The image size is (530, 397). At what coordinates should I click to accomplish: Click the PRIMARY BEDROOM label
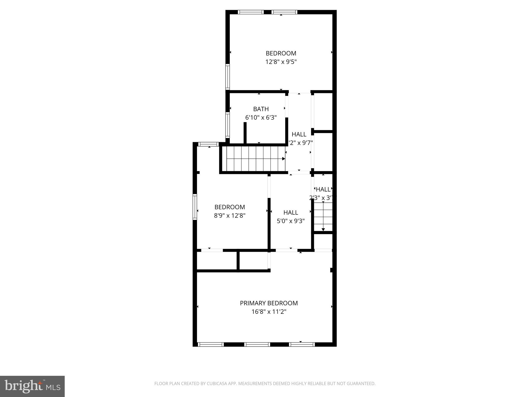(269, 303)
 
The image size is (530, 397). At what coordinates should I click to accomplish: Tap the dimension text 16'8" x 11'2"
(269, 312)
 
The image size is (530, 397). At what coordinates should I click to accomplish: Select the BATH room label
(261, 109)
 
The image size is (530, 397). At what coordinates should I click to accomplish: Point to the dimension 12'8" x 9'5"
(281, 62)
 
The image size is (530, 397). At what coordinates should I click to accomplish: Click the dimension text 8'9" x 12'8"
(230, 216)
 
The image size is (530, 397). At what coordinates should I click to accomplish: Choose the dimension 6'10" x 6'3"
(261, 118)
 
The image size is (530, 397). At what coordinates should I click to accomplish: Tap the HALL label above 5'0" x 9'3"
(291, 212)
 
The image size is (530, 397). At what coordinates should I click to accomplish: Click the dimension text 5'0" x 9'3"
(291, 221)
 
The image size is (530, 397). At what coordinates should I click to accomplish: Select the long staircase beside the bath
(255, 159)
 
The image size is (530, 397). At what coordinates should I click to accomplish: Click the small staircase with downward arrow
(323, 217)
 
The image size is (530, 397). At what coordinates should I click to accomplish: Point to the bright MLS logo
(32, 386)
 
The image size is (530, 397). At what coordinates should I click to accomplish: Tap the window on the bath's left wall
(227, 125)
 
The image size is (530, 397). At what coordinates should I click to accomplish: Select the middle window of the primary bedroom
(257, 345)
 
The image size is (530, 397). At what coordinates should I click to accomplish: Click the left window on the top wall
(251, 12)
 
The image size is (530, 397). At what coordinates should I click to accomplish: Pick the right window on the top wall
(284, 12)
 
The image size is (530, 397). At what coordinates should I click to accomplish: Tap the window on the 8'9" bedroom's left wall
(195, 207)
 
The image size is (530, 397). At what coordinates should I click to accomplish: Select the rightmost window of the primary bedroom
(302, 345)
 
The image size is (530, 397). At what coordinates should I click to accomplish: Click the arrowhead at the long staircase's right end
(284, 159)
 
